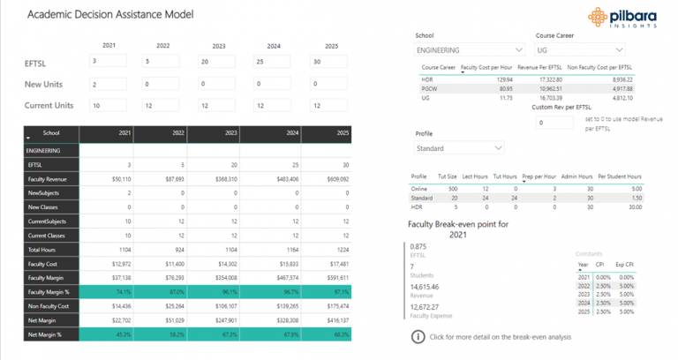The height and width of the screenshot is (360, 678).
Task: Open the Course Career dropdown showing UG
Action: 578,50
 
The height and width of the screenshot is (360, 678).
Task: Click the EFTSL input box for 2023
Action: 216,61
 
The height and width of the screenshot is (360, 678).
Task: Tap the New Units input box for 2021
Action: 109,84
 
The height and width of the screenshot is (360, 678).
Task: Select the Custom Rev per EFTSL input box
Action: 554,123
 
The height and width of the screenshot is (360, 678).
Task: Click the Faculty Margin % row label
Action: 49,292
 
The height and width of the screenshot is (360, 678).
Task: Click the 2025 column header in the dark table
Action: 331,133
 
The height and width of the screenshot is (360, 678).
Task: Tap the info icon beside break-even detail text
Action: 418,337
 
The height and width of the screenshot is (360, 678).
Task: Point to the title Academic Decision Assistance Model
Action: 110,15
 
